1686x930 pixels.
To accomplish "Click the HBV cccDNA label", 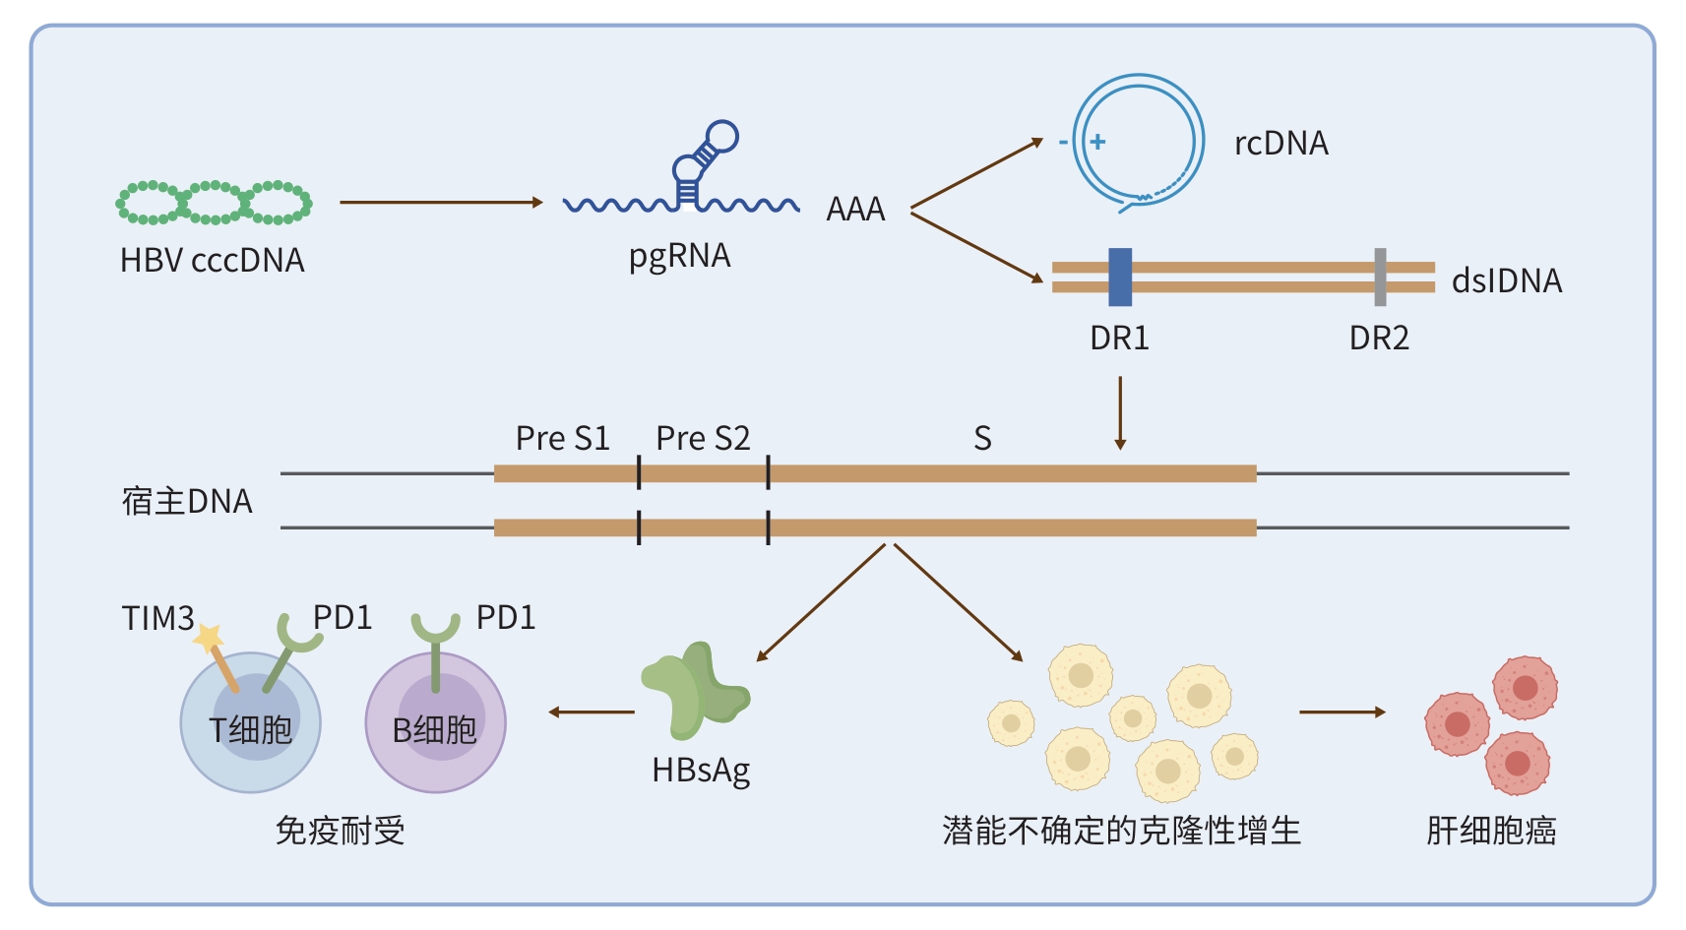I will point(212,260).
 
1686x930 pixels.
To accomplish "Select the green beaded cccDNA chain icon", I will point(214,203).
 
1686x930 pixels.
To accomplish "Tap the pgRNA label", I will point(679,256).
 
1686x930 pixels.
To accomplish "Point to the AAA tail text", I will point(855,210).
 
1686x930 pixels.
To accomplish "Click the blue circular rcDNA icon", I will point(1139,142).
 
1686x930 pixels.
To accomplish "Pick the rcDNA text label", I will point(1280,144).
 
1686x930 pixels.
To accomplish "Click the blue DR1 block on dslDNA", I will point(1120,277).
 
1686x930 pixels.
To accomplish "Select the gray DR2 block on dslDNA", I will point(1380,277).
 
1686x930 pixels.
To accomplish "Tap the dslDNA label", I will point(1506,281).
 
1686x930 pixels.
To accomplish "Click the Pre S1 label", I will point(562,438).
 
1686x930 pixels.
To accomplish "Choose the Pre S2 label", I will point(703,438).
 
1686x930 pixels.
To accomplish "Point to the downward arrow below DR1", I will point(1120,412).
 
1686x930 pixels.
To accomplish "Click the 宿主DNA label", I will point(187,501).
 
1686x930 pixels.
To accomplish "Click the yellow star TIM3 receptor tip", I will point(209,638).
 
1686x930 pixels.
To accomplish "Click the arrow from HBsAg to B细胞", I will point(592,712).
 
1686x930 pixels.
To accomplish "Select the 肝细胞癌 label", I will point(1490,831).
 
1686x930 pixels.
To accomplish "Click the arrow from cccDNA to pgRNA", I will point(441,202).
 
